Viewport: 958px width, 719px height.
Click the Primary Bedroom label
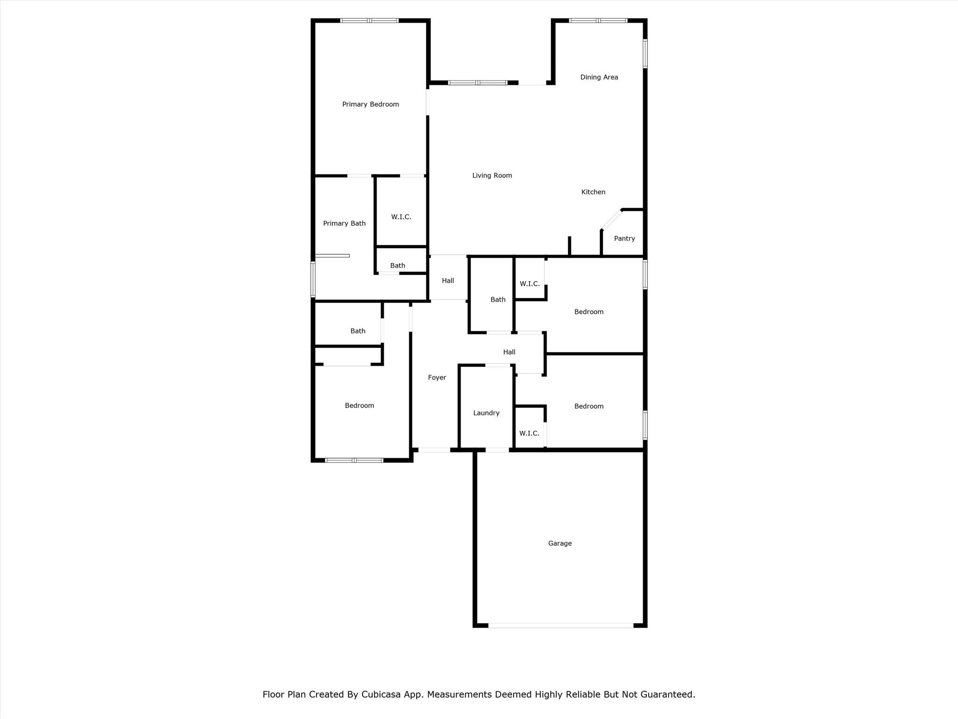370,104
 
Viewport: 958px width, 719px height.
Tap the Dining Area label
599,77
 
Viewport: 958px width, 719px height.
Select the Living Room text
492,176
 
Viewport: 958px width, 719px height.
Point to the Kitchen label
593,192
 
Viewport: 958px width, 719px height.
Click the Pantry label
624,239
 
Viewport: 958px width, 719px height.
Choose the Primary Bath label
344,224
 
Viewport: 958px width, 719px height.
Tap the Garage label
559,543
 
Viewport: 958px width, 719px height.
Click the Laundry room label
486,413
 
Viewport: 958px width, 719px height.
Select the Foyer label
437,378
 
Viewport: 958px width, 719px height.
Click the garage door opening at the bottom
560,625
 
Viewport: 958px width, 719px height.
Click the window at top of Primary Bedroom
369,21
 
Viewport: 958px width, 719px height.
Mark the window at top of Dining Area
598,21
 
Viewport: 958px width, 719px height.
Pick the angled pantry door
611,220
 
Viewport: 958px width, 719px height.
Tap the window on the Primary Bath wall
313,279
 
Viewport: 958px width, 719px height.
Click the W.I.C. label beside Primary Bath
401,217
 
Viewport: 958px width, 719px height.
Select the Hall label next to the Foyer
509,352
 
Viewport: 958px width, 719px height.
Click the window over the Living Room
477,83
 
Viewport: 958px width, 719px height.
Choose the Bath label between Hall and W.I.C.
498,300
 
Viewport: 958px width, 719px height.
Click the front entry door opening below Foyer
434,450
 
